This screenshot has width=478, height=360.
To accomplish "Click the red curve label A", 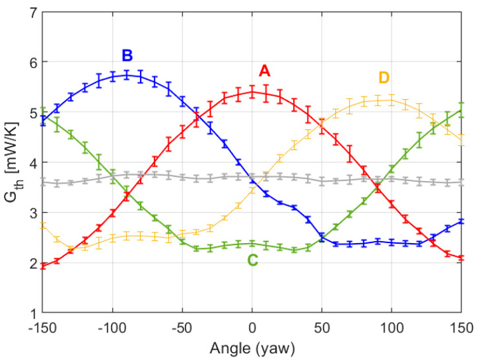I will pyautogui.click(x=264, y=70).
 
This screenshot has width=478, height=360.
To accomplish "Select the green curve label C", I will pyautogui.click(x=253, y=260).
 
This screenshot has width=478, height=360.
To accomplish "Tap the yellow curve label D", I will pyautogui.click(x=384, y=78).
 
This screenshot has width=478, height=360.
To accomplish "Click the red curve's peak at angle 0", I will pyautogui.click(x=252, y=92).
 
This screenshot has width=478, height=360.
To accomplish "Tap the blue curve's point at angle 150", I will pyautogui.click(x=461, y=221).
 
